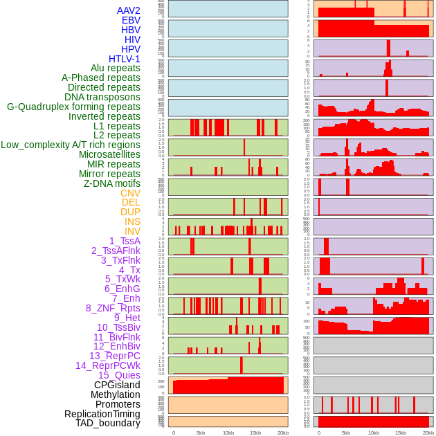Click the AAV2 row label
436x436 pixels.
click(129, 10)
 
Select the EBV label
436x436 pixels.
click(131, 20)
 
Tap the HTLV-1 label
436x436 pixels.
click(125, 59)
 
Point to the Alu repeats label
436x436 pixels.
click(116, 68)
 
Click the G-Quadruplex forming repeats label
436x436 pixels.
click(73, 107)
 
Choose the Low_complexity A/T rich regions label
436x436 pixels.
click(71, 145)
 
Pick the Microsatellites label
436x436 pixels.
click(109, 154)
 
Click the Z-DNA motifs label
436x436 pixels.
click(112, 183)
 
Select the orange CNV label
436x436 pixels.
click(130, 193)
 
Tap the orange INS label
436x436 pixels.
click(131, 221)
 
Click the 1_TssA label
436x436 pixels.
click(125, 241)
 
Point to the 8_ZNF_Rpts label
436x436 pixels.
click(113, 308)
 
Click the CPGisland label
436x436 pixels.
click(117, 385)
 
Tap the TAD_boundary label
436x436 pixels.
click(108, 423)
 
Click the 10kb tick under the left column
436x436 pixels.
click(228, 433)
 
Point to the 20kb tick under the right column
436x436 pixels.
click(428, 433)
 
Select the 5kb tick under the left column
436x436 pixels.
click(201, 433)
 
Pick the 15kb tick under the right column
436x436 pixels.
click(401, 433)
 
